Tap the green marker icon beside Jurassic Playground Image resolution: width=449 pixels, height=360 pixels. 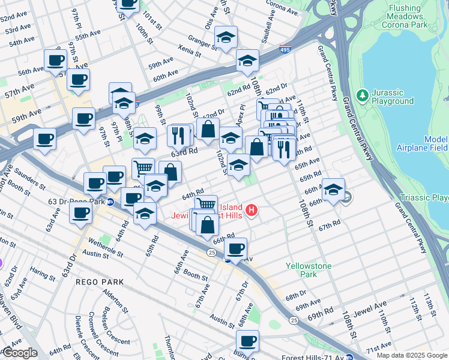362,95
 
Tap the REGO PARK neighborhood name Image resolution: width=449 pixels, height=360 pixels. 99,281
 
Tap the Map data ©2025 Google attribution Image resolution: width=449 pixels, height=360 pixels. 411,355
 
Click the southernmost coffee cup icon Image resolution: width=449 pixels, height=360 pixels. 247,340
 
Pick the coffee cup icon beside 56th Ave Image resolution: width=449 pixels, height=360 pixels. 56,61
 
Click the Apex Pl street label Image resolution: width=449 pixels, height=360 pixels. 242,114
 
